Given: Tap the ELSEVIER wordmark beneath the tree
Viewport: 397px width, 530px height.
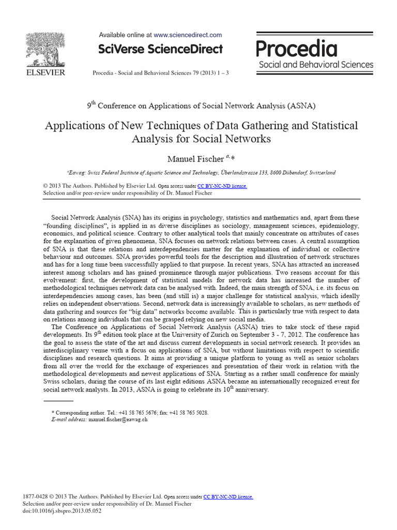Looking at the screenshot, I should click(45, 72).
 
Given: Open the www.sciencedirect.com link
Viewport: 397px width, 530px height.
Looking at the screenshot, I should click(188, 35).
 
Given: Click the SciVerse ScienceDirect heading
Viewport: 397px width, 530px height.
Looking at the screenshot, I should click(160, 49).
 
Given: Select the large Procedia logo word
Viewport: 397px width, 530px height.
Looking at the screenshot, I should click(297, 49).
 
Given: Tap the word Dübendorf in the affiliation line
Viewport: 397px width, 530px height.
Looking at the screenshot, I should click(289, 172).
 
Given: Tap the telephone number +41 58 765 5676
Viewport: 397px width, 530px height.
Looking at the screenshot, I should click(144, 413).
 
